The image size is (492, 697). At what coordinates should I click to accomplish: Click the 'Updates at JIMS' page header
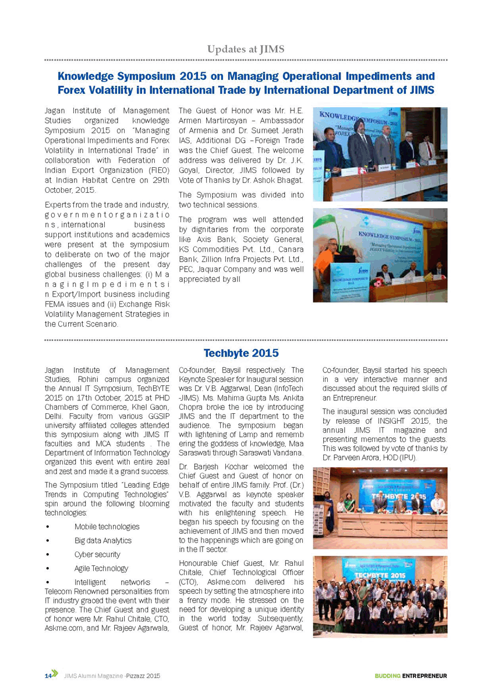pos(246,50)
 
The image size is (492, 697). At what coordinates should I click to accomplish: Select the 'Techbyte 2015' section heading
pos(241,353)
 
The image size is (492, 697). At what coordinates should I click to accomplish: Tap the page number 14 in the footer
pos(48,675)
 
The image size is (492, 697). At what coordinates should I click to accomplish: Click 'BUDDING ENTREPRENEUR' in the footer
pos(410,675)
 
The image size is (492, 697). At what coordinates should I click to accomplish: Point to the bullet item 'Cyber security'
pos(97,554)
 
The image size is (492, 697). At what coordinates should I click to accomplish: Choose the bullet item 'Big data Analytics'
pos(103,540)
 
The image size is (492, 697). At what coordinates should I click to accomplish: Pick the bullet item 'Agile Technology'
pos(101,568)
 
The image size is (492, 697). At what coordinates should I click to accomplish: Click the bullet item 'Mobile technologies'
pos(107,526)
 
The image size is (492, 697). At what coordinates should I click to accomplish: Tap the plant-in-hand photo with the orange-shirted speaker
pos(380,255)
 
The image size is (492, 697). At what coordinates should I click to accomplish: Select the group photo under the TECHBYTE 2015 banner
pos(380,596)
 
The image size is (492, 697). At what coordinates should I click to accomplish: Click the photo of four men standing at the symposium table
pos(380,154)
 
